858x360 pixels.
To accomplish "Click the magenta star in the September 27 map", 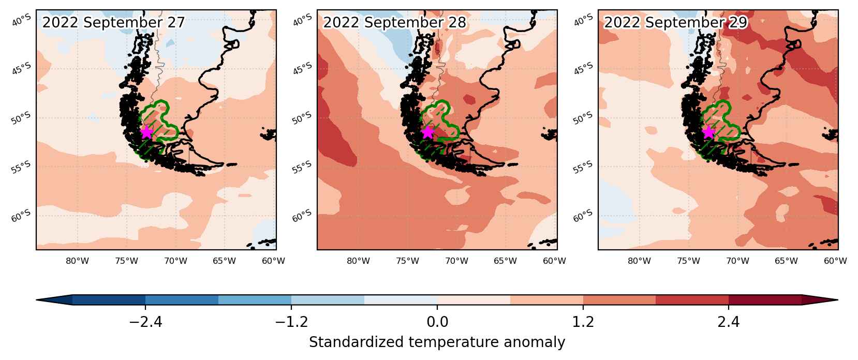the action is coord(146,132).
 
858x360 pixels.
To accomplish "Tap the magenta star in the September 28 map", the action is coord(427,132).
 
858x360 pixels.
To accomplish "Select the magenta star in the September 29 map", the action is coord(708,132).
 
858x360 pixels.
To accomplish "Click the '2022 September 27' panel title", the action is coord(113,22).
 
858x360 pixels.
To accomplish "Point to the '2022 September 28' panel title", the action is coord(394,22).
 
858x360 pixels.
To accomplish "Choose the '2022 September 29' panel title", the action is coord(675,22).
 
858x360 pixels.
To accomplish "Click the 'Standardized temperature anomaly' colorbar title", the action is coord(437,342).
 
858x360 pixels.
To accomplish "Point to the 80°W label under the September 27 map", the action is coord(78,261).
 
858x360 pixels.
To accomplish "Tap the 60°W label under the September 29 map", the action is coord(835,261).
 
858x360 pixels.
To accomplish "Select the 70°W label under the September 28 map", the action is coord(456,261).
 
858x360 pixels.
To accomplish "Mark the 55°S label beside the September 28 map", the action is coord(302,167).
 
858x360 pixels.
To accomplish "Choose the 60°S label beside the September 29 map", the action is coord(583,216).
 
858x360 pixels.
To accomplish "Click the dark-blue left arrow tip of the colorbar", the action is coord(37,300).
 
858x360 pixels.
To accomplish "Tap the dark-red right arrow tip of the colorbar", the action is coord(837,300).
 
